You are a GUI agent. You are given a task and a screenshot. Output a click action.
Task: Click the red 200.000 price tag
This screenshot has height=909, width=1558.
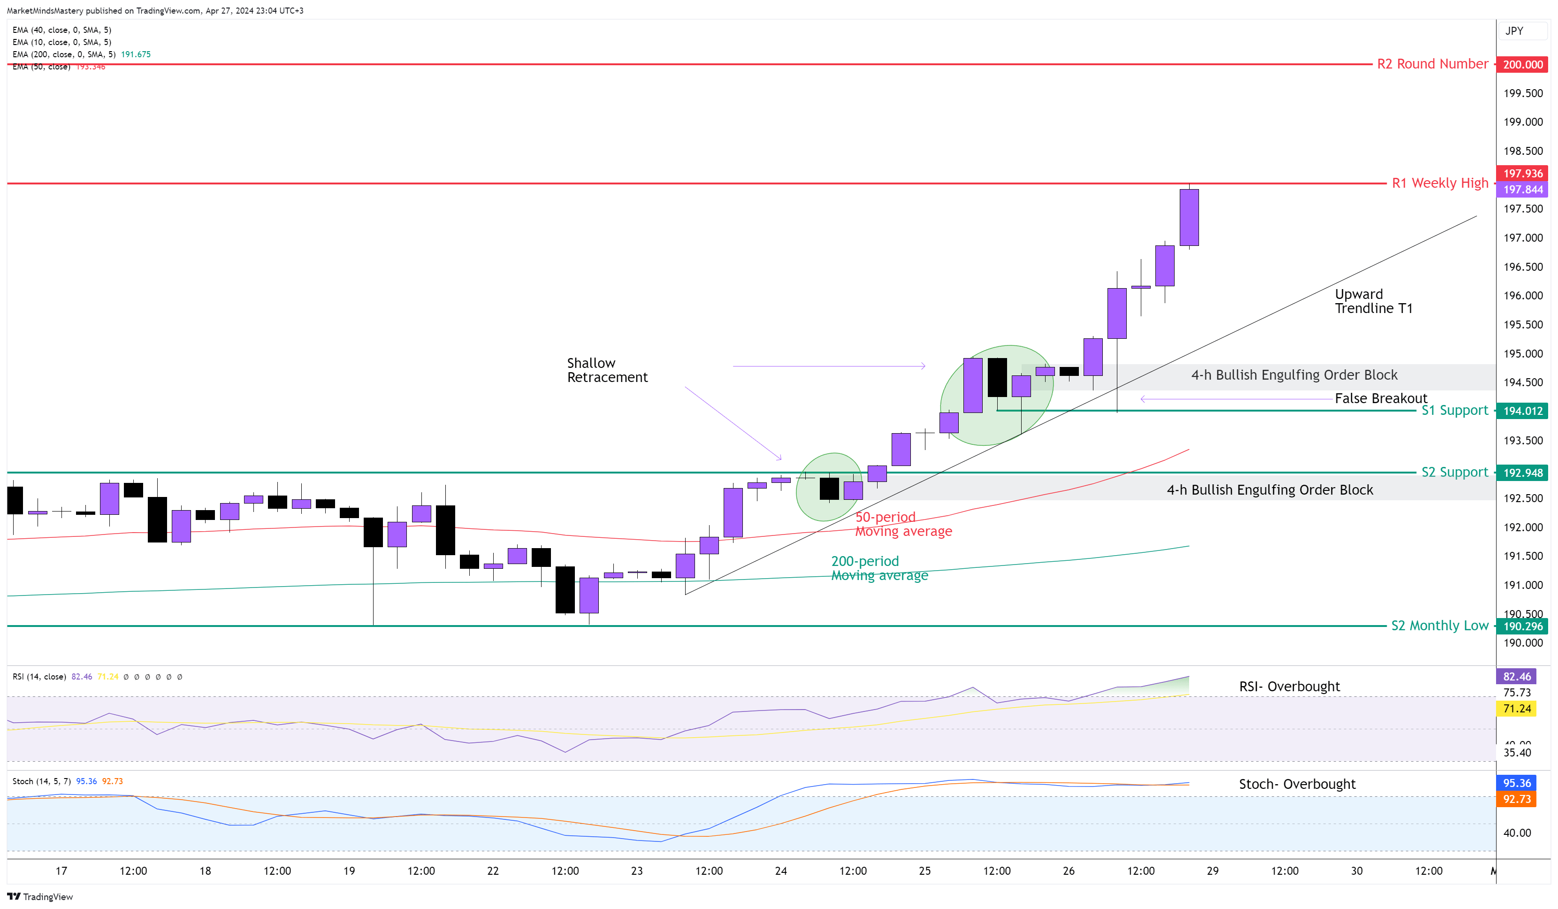tap(1522, 64)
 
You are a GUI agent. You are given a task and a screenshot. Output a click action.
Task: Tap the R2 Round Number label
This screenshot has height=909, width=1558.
tap(1432, 64)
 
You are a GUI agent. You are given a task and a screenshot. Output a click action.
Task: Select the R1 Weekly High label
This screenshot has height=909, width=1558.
tap(1439, 183)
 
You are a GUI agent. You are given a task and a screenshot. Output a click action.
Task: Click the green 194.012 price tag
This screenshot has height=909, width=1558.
tap(1522, 411)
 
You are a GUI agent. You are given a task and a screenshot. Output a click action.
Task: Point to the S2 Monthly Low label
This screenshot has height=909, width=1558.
tap(1439, 625)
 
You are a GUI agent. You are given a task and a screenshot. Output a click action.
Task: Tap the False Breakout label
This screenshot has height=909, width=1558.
tap(1380, 398)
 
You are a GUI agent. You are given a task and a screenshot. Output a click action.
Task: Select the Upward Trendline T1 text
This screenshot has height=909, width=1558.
tap(1373, 301)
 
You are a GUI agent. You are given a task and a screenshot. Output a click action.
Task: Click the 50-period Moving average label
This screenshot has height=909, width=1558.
tap(902, 524)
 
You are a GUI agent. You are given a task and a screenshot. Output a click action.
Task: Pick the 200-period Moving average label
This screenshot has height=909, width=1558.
tap(878, 568)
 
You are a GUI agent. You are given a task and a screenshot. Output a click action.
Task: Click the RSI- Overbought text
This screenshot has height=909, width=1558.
tap(1289, 687)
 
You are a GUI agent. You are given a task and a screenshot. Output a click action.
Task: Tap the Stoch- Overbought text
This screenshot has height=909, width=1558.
tap(1297, 784)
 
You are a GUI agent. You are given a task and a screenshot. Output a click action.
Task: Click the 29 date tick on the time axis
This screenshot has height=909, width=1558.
tap(1213, 871)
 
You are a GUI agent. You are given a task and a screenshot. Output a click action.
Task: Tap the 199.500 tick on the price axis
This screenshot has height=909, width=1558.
tap(1522, 93)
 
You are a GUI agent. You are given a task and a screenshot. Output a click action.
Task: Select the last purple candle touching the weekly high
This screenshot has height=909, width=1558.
tap(1188, 218)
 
